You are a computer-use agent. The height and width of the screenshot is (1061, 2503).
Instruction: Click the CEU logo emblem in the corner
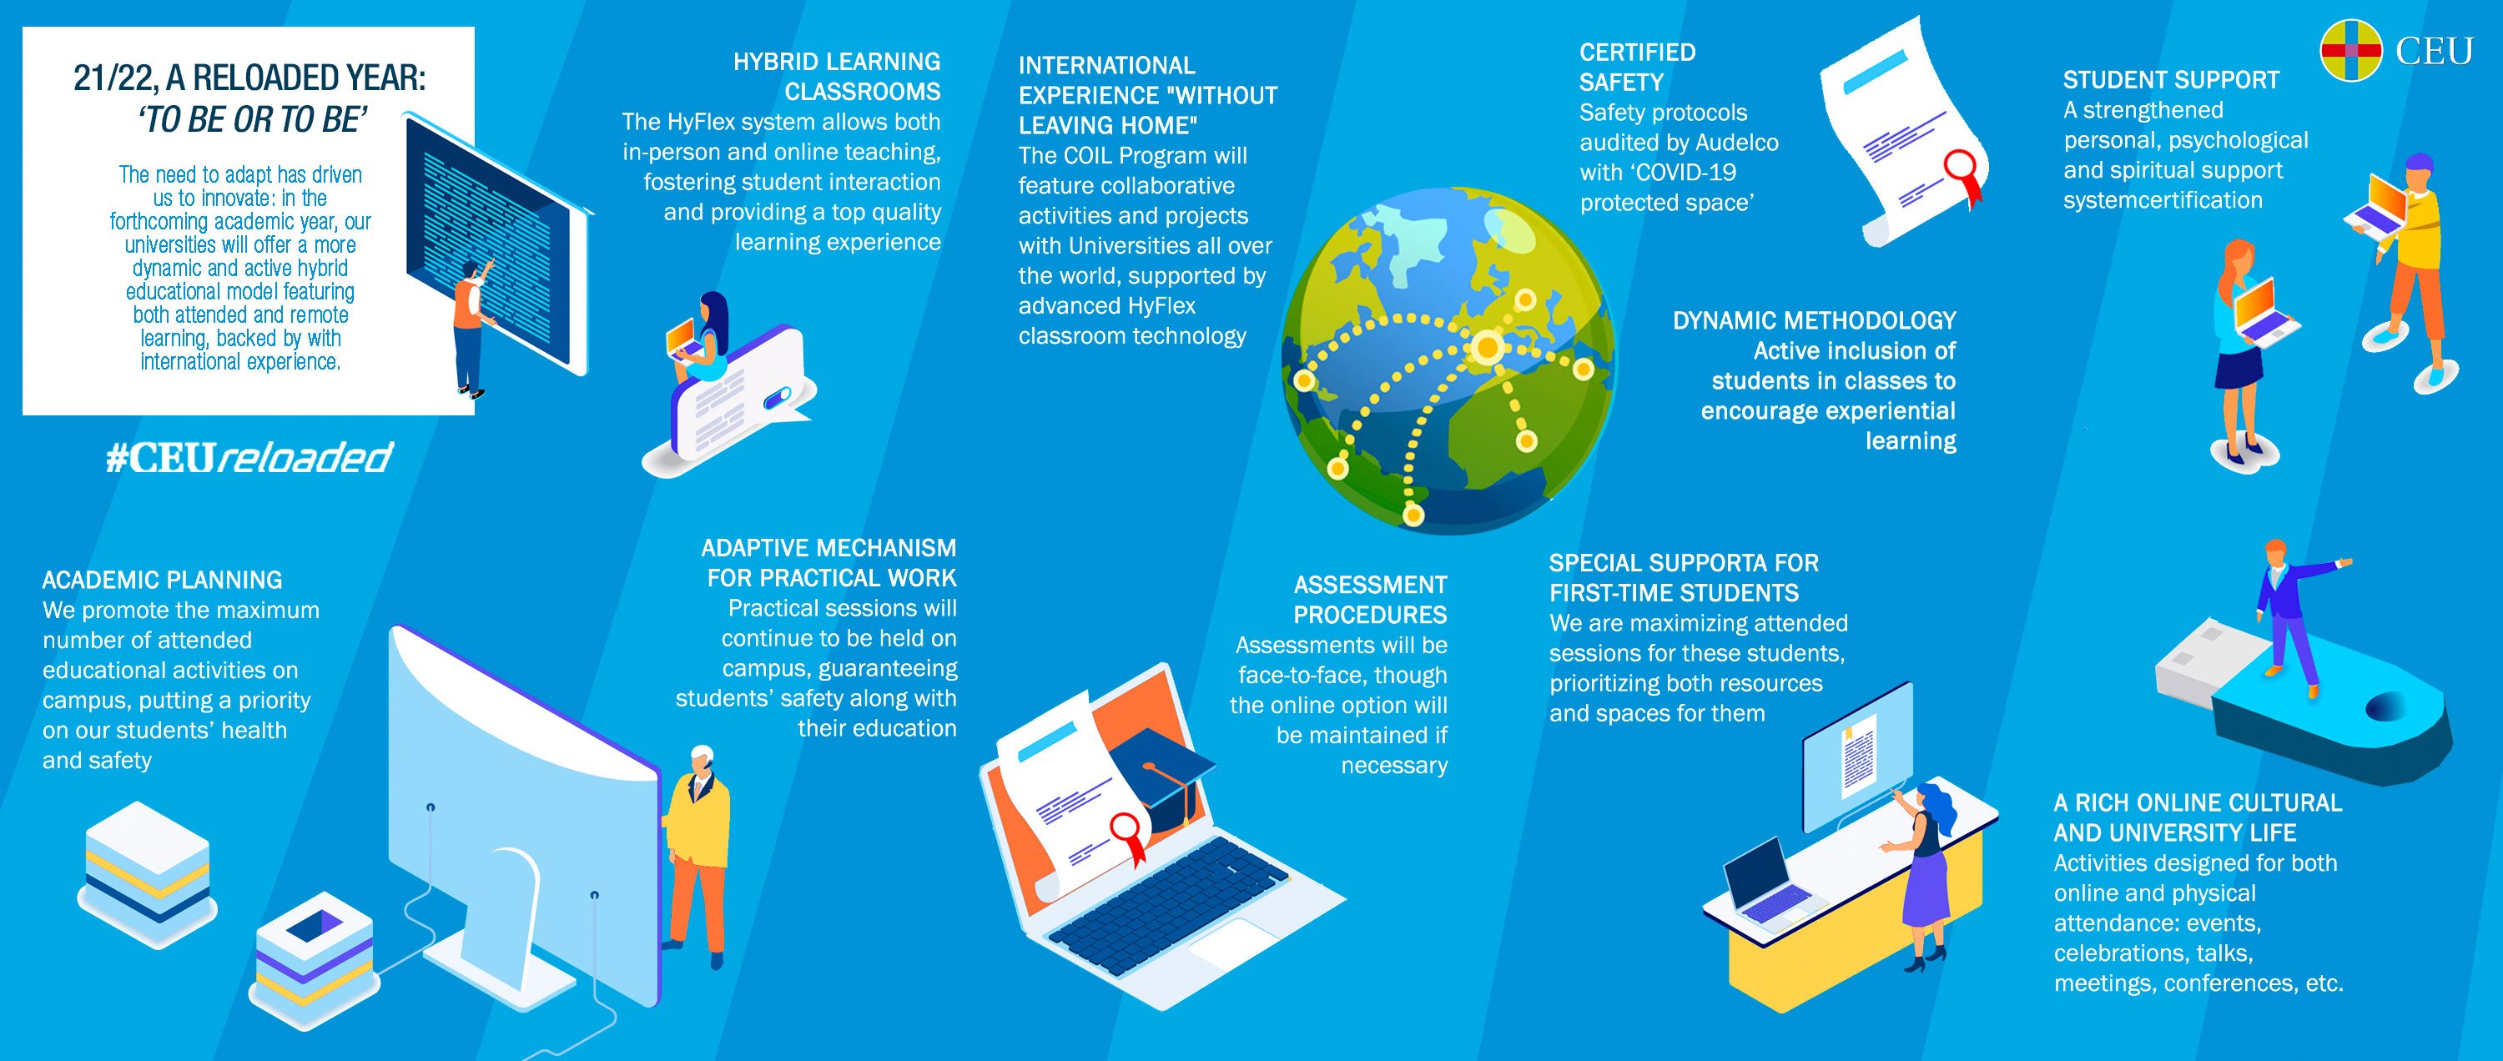pyautogui.click(x=2350, y=51)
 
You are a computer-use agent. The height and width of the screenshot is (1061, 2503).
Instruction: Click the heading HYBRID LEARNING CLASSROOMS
pyautogui.click(x=837, y=77)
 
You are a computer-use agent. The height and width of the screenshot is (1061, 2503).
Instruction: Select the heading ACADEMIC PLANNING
pyautogui.click(x=162, y=580)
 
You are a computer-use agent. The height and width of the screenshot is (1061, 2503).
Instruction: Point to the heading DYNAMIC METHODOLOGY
pyautogui.click(x=1814, y=320)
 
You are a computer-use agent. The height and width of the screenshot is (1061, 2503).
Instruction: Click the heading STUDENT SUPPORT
pyautogui.click(x=2171, y=80)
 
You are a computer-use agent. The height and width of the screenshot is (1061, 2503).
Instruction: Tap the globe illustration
pyautogui.click(x=1448, y=360)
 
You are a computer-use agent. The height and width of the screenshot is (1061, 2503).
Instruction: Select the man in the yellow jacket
pyautogui.click(x=698, y=855)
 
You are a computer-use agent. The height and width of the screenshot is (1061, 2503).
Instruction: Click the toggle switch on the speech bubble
pyautogui.click(x=778, y=399)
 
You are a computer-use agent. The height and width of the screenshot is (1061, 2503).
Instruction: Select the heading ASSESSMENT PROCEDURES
pyautogui.click(x=1370, y=600)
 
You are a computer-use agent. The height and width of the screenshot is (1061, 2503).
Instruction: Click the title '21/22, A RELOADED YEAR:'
pyautogui.click(x=249, y=78)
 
